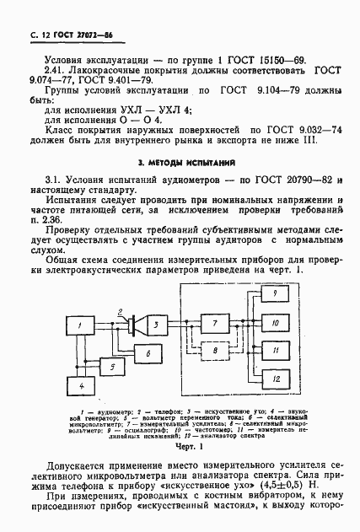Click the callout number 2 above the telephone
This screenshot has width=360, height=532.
(121, 311)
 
